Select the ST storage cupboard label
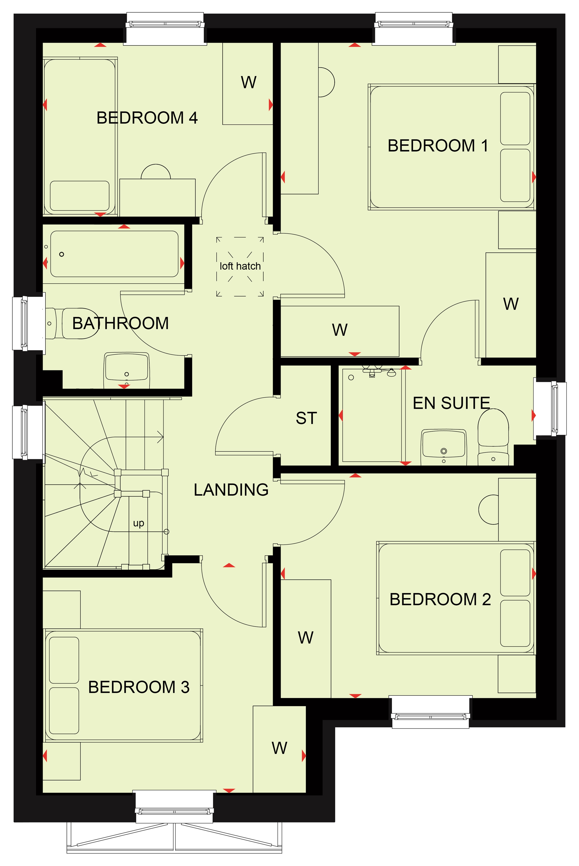pos(306,418)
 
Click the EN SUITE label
pos(451,403)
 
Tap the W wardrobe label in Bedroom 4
pos(249,82)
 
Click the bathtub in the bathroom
pos(114,254)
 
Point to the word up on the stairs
pos(139,523)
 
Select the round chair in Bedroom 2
pos(488,509)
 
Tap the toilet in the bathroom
pos(74,324)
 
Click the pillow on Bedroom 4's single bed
pos(80,196)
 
